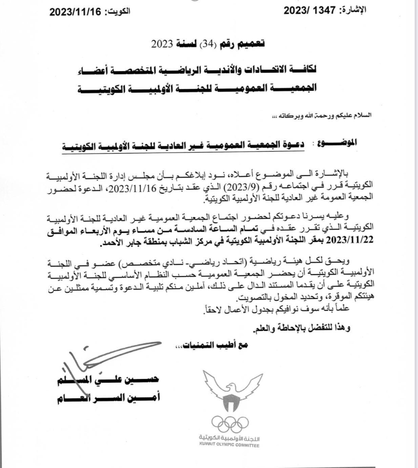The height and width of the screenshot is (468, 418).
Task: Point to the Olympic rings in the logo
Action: click(x=229, y=423)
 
